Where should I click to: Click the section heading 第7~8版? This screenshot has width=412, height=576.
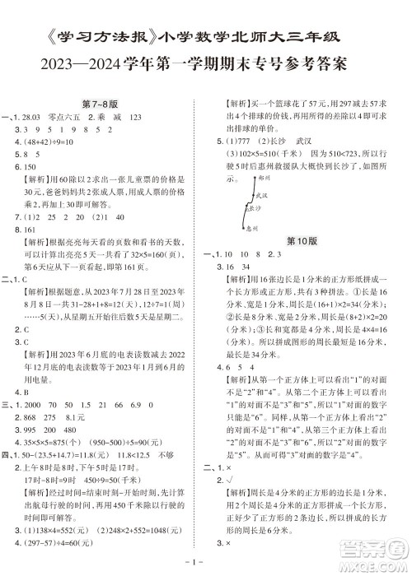pos(104,101)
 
